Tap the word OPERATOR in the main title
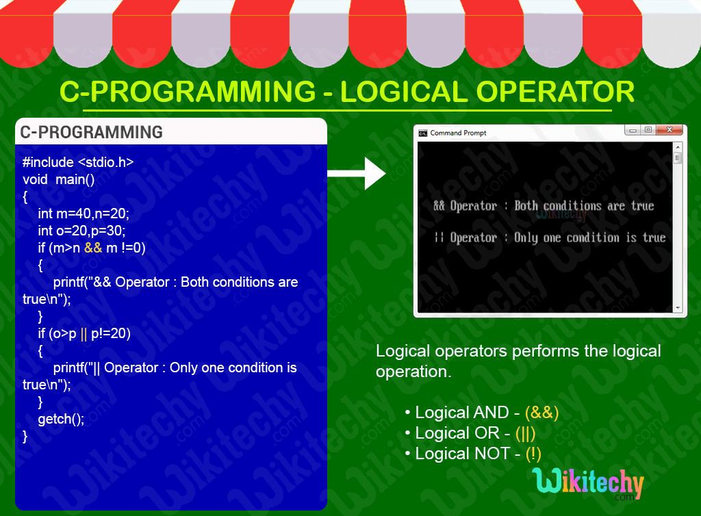tap(556, 92)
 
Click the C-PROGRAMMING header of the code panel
tap(92, 132)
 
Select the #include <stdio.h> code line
tap(78, 162)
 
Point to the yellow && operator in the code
tap(93, 248)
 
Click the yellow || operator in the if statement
tap(84, 333)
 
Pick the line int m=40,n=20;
tap(84, 214)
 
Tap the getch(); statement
tap(61, 419)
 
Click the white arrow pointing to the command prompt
tap(357, 173)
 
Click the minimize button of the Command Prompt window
tap(633, 130)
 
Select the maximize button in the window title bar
tap(648, 130)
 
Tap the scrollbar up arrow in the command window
tap(678, 147)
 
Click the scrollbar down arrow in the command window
tap(678, 308)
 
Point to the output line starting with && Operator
tap(544, 206)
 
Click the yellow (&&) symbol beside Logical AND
tap(541, 413)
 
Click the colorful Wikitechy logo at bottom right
tap(587, 484)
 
